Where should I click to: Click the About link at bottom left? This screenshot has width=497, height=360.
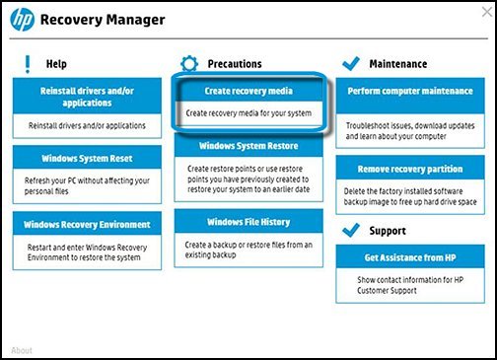(22, 350)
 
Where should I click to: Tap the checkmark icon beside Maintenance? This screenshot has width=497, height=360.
(349, 63)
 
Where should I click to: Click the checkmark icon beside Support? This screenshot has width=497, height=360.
(349, 231)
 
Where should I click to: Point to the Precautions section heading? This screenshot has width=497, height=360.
(234, 64)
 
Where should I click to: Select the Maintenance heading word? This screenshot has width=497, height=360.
(398, 64)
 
